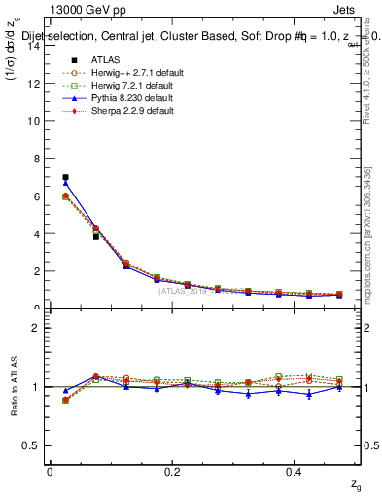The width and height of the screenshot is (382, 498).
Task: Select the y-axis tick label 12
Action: tap(33, 83)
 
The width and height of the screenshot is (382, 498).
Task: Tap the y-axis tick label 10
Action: tap(33, 121)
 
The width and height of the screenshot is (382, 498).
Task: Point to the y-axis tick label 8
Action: tap(36, 159)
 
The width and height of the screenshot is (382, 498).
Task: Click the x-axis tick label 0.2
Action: tap(172, 472)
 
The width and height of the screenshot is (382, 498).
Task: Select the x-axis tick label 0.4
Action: tap(295, 472)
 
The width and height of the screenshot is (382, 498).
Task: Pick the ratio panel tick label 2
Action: tap(36, 328)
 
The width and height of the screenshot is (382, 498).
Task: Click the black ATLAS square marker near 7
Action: tap(65, 177)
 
